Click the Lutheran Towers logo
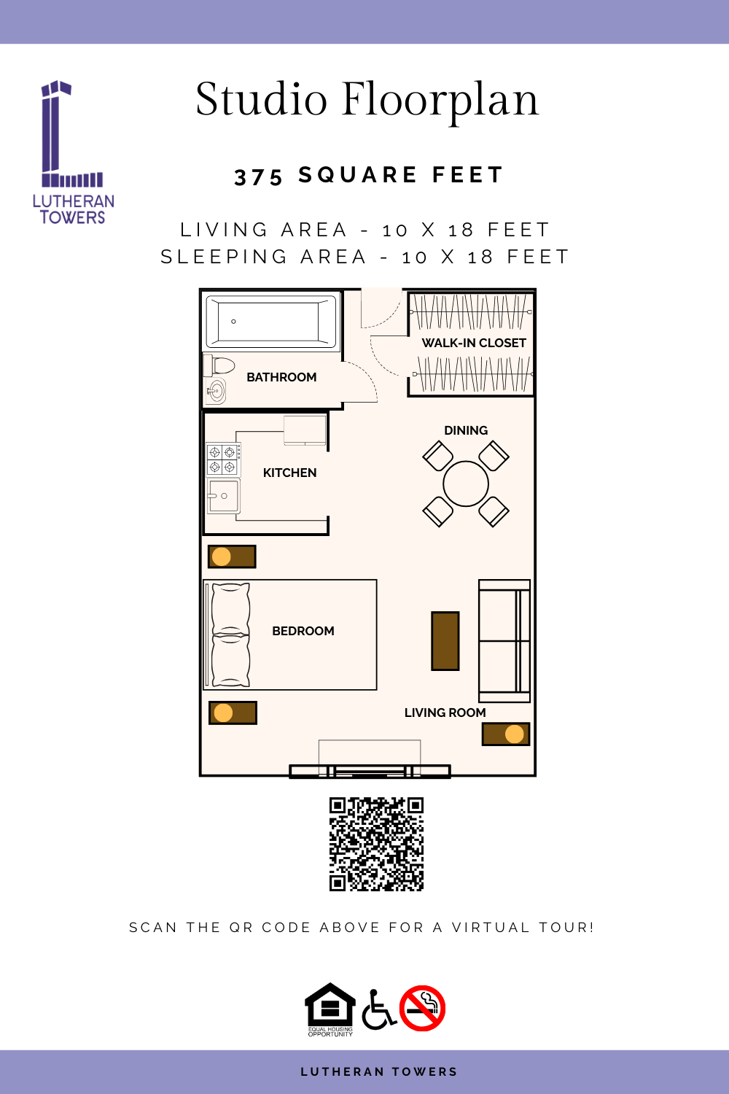73,152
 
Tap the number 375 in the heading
258,177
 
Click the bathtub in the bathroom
271,322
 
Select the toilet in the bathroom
219,365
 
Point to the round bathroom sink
216,391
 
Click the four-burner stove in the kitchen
222,459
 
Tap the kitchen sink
224,496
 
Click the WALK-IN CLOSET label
474,343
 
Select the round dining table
465,484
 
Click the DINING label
466,430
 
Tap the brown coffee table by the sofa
445,641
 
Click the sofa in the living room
504,641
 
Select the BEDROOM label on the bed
303,631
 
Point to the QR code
376,845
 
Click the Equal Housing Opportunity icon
330,1009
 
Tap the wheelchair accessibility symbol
378,1009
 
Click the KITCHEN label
289,473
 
